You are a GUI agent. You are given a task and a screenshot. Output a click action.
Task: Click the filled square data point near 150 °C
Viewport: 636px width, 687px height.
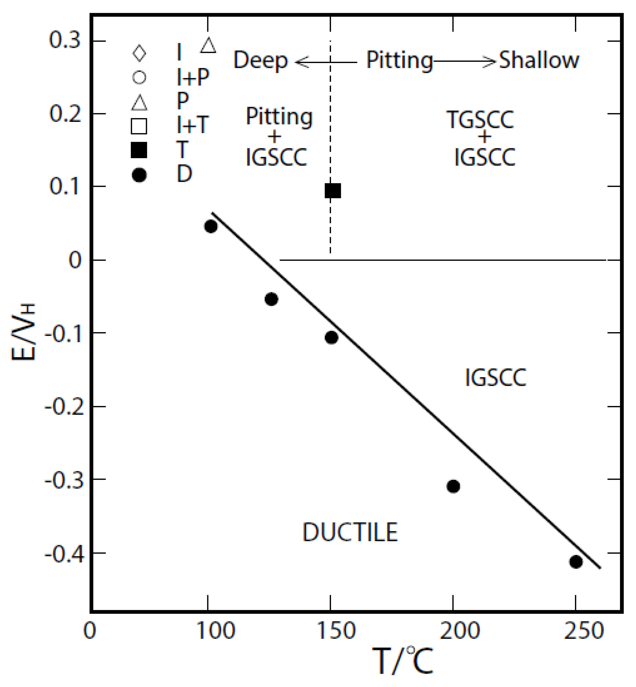pos(333,191)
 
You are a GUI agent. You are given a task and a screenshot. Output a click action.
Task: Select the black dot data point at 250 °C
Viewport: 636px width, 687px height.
pos(576,562)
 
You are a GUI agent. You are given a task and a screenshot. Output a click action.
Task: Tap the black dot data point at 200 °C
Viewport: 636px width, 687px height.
pos(453,486)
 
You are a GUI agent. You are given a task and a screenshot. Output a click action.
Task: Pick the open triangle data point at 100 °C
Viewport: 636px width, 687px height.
pos(208,45)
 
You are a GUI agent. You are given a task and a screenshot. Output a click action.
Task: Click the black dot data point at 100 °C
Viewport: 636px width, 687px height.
pos(211,226)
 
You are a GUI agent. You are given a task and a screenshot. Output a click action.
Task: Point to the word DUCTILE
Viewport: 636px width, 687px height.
pos(350,532)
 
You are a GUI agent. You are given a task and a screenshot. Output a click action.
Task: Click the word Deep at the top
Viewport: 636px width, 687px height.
pos(261,60)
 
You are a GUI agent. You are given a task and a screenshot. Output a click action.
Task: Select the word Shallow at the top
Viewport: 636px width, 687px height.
pos(539,60)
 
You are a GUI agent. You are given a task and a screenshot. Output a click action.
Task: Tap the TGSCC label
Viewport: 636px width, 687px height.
pos(480,120)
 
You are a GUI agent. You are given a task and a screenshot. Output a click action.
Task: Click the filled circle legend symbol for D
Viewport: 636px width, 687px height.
pos(139,175)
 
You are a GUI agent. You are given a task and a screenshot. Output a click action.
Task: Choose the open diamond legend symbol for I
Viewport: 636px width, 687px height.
pos(139,53)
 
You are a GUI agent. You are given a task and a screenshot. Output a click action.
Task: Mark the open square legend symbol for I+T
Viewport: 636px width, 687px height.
pos(139,126)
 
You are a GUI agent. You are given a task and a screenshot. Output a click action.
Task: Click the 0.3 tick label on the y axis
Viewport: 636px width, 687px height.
pos(65,40)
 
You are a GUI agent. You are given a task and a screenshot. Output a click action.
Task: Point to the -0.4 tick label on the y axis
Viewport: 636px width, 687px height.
pos(64,555)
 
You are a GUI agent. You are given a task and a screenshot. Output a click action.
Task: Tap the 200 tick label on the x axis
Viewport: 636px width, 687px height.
pos(460,630)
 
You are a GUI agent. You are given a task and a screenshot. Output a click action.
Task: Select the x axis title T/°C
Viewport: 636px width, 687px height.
pos(403,661)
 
